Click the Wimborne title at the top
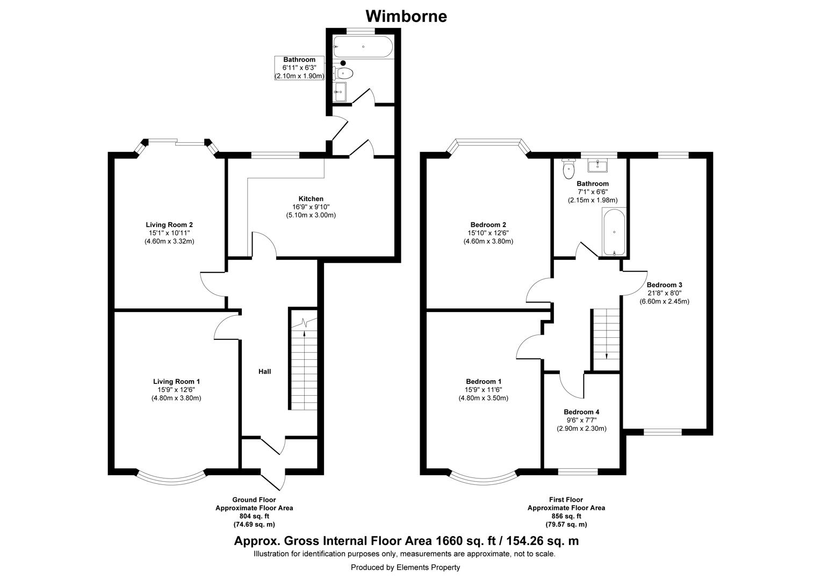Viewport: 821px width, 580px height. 406,16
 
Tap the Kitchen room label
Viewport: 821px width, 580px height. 311,198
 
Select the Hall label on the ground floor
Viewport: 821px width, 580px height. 264,371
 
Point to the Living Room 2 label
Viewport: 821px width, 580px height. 169,224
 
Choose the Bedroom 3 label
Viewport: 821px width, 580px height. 664,285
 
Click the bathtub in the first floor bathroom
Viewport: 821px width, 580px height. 614,233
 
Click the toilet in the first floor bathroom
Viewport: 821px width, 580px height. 568,169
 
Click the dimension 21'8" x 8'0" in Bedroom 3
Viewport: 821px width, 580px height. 664,293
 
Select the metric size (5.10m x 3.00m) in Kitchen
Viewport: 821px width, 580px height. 311,215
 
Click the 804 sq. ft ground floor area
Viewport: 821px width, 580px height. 254,516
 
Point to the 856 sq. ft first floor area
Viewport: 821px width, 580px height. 566,516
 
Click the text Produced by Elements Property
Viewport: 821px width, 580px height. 405,567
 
